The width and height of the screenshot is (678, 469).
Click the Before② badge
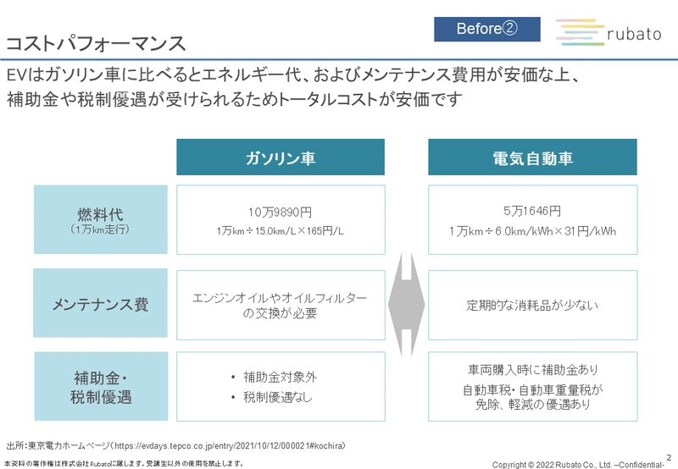click(486, 29)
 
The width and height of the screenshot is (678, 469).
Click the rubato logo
click(609, 33)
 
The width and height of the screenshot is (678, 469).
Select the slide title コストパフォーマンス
click(96, 44)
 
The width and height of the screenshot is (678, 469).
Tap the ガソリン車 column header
click(281, 157)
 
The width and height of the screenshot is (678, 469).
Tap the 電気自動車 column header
click(532, 157)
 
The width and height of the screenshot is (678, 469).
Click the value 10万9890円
click(281, 212)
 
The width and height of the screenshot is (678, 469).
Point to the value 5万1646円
click(532, 211)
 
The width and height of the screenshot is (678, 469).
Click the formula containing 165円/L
click(281, 231)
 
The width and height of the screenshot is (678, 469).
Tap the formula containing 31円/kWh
click(532, 231)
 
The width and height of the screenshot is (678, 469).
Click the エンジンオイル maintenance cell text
click(280, 306)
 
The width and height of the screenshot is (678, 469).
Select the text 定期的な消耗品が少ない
click(532, 306)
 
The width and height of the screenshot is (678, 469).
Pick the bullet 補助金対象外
click(281, 377)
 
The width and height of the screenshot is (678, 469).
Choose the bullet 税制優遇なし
click(278, 397)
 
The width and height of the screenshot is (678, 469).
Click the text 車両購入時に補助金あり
click(533, 370)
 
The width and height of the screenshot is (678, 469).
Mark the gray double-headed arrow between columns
click(407, 305)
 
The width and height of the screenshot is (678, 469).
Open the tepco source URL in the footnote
click(230, 445)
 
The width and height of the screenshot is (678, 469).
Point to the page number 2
click(669, 457)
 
